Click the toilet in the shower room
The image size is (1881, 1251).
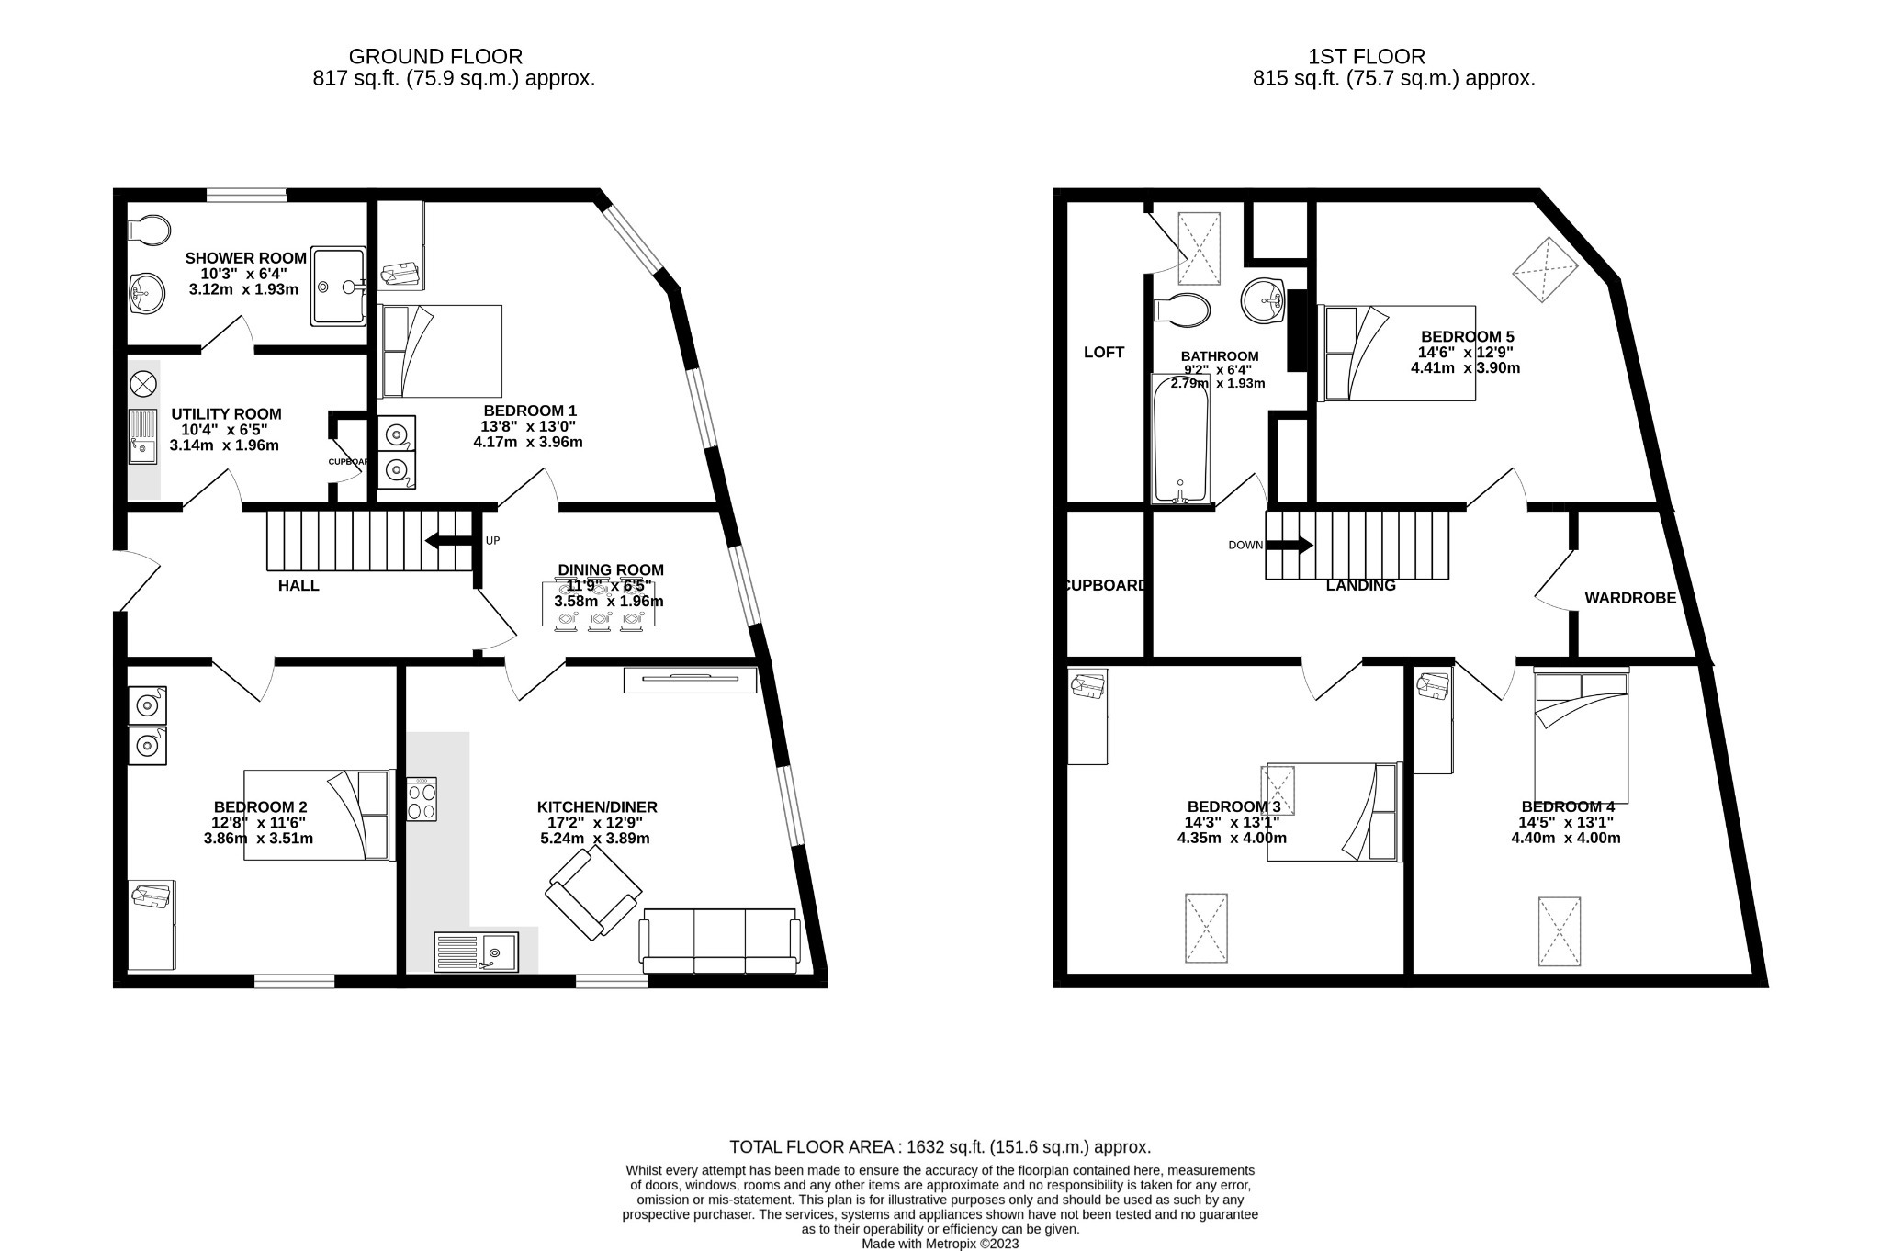coord(149,230)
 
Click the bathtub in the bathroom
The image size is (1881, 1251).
coord(1180,439)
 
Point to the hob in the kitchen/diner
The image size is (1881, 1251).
coord(422,800)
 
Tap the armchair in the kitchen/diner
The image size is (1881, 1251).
coord(592,893)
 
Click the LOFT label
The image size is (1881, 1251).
coord(1103,353)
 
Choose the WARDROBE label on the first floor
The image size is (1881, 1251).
coord(1629,598)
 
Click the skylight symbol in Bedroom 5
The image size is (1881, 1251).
coord(1545,269)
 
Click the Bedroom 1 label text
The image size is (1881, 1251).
coord(530,411)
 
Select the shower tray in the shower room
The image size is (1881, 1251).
coord(338,286)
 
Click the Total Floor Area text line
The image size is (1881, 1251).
coord(940,1147)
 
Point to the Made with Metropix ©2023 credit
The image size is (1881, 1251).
coord(940,1244)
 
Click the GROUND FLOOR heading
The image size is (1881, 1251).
coord(435,57)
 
